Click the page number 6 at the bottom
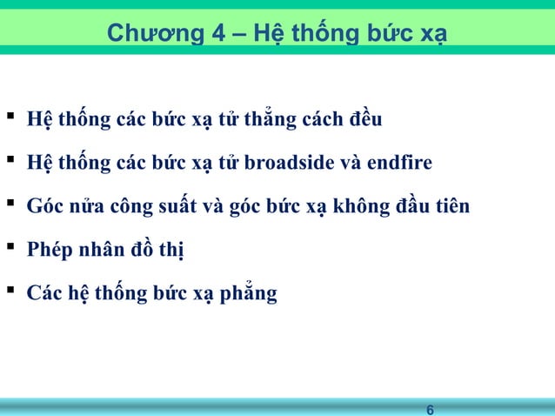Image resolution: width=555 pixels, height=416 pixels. tap(430, 409)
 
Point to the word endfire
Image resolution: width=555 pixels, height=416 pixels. tap(402, 163)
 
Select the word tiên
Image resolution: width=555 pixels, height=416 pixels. tap(451, 208)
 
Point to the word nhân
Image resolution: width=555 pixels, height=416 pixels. tap(100, 252)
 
